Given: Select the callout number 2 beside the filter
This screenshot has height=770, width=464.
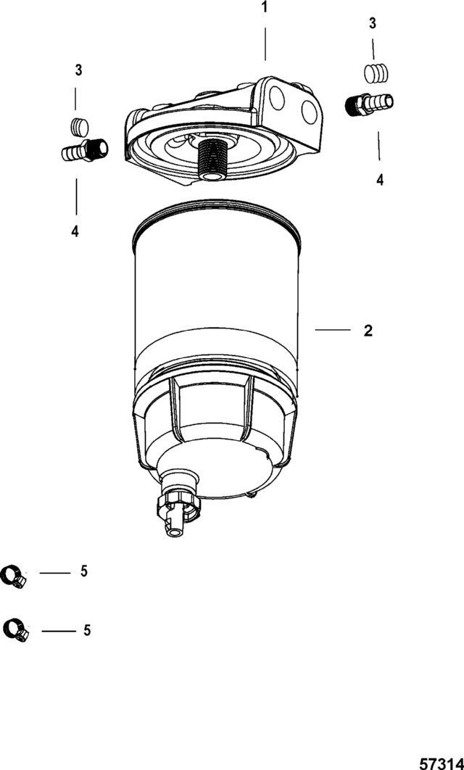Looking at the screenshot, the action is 368,331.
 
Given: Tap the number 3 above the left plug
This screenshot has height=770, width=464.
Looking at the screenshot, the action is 78,70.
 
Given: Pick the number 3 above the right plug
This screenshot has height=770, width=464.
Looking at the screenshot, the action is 373,24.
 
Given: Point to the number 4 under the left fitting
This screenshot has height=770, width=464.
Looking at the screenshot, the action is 75,231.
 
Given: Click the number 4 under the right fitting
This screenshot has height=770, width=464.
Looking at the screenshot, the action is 380,180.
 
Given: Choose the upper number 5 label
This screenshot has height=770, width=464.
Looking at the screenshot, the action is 84,571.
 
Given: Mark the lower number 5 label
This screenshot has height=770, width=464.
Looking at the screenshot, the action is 87,630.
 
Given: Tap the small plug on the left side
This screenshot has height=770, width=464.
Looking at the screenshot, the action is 80,127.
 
